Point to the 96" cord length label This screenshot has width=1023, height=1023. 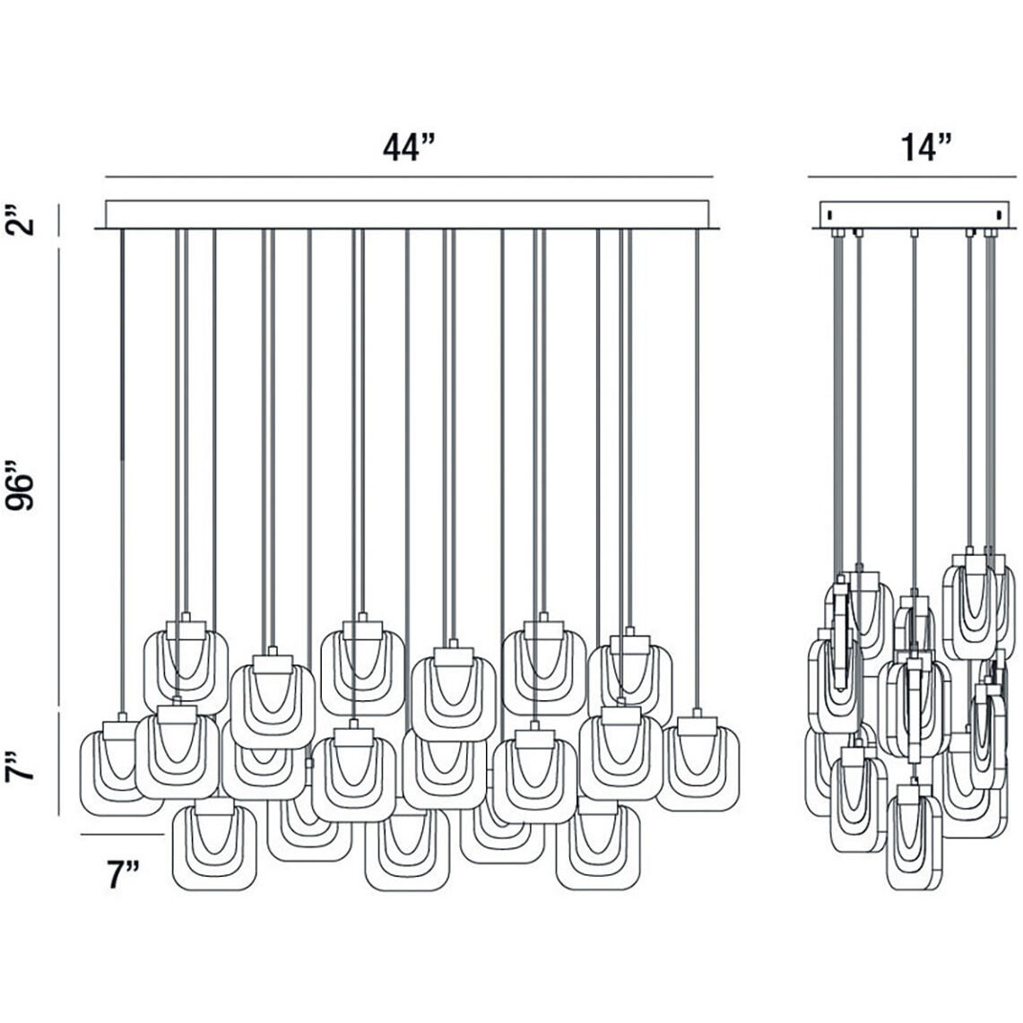pos(21,486)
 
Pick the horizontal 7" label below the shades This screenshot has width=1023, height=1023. pos(124,874)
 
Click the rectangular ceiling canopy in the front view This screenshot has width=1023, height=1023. pos(407,214)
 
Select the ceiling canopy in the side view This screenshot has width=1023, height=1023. pos(914,215)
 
